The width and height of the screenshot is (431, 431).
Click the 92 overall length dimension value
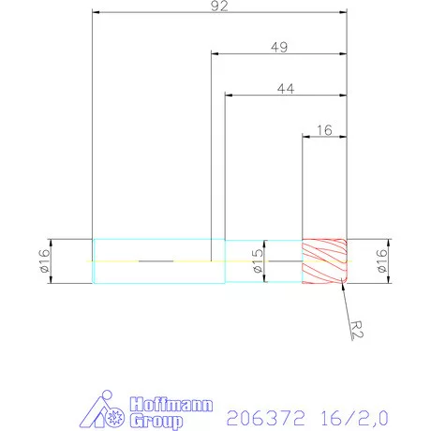219,5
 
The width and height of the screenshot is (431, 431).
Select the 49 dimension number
278,47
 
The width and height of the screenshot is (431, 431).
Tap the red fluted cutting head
324,260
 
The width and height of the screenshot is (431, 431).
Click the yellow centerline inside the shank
122,260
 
